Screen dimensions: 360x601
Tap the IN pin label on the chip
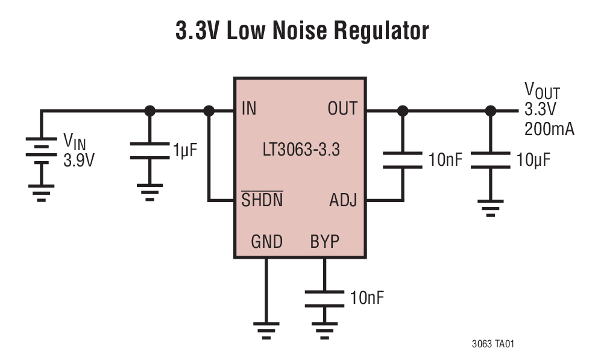pyautogui.click(x=249, y=109)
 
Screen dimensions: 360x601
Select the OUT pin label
pyautogui.click(x=342, y=109)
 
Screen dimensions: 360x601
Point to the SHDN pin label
pyautogui.click(x=262, y=200)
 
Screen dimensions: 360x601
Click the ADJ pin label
pyautogui.click(x=343, y=200)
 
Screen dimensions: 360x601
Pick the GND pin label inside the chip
pyautogui.click(x=266, y=242)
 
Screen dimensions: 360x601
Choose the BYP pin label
pyautogui.click(x=325, y=242)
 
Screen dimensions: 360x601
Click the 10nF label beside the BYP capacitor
pyautogui.click(x=367, y=298)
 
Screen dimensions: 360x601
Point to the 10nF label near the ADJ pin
pyautogui.click(x=446, y=160)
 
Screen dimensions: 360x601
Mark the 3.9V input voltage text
pyautogui.click(x=79, y=160)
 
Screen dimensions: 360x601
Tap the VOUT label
pyautogui.click(x=542, y=92)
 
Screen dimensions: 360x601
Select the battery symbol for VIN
pyautogui.click(x=41, y=153)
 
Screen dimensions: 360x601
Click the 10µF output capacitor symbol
pyautogui.click(x=491, y=160)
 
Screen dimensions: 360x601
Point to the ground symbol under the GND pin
pyautogui.click(x=266, y=329)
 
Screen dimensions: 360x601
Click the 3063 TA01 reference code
pyautogui.click(x=493, y=344)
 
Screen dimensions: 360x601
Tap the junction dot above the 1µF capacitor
pyautogui.click(x=150, y=111)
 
